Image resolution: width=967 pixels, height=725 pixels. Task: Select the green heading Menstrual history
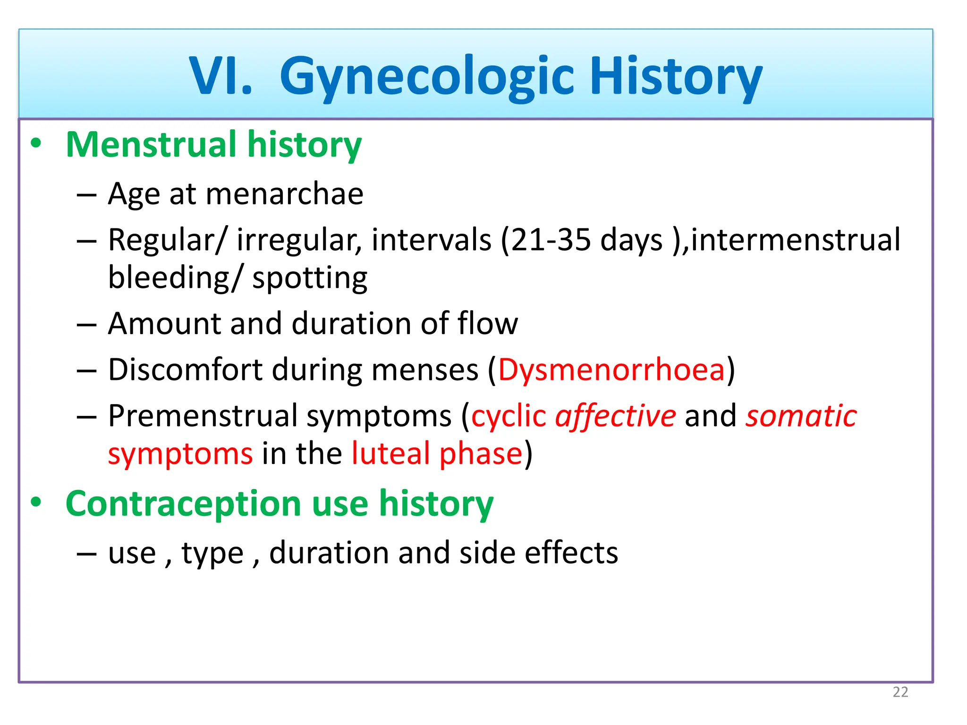pos(213,144)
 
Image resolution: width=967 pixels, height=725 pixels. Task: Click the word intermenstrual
pos(796,240)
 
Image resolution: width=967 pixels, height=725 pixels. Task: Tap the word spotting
pos(310,278)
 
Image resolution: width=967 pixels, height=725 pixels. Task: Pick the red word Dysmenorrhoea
pos(611,370)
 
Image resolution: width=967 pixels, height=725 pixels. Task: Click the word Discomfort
pos(185,370)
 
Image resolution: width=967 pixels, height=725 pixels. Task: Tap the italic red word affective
pos(615,416)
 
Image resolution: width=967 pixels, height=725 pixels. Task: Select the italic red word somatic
pos(801,416)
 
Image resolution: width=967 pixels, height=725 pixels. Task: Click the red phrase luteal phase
pos(437,454)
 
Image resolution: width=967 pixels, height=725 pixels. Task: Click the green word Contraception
pos(183,504)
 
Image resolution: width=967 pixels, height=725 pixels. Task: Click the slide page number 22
pos(900,692)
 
